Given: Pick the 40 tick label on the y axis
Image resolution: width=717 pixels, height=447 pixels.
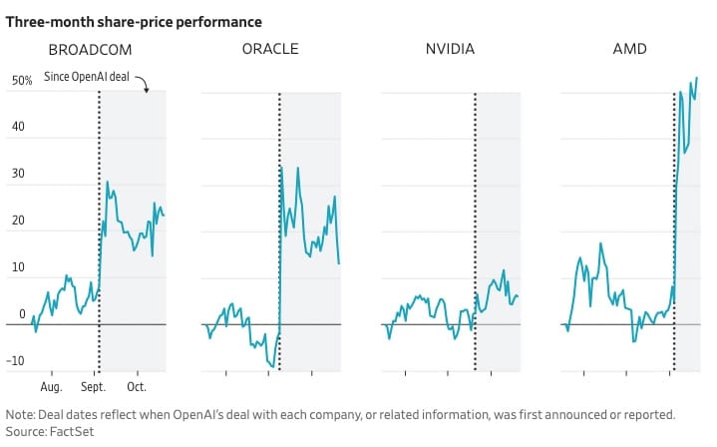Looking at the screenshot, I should (19, 139).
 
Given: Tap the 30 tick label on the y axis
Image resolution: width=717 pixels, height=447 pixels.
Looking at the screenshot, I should (19, 186).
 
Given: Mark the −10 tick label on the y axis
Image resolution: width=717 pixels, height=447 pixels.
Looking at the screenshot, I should (16, 362).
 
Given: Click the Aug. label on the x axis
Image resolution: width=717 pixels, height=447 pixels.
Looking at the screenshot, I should (52, 385).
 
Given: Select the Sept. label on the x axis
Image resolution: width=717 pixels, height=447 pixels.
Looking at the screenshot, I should (94, 385).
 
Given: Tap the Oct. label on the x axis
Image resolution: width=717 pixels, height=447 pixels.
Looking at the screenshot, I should (137, 385).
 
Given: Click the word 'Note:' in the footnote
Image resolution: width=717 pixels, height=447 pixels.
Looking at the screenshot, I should (21, 413).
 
